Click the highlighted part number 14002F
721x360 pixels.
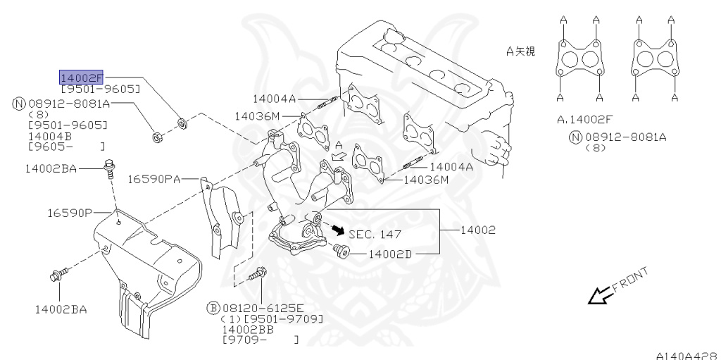[82, 77]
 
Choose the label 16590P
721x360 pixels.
[70, 212]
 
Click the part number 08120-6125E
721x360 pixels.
[263, 308]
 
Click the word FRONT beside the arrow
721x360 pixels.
[629, 280]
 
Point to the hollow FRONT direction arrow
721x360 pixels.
[600, 296]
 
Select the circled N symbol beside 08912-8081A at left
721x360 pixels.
[18, 104]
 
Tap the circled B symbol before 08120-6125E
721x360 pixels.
[213, 308]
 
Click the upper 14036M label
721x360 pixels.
[257, 116]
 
